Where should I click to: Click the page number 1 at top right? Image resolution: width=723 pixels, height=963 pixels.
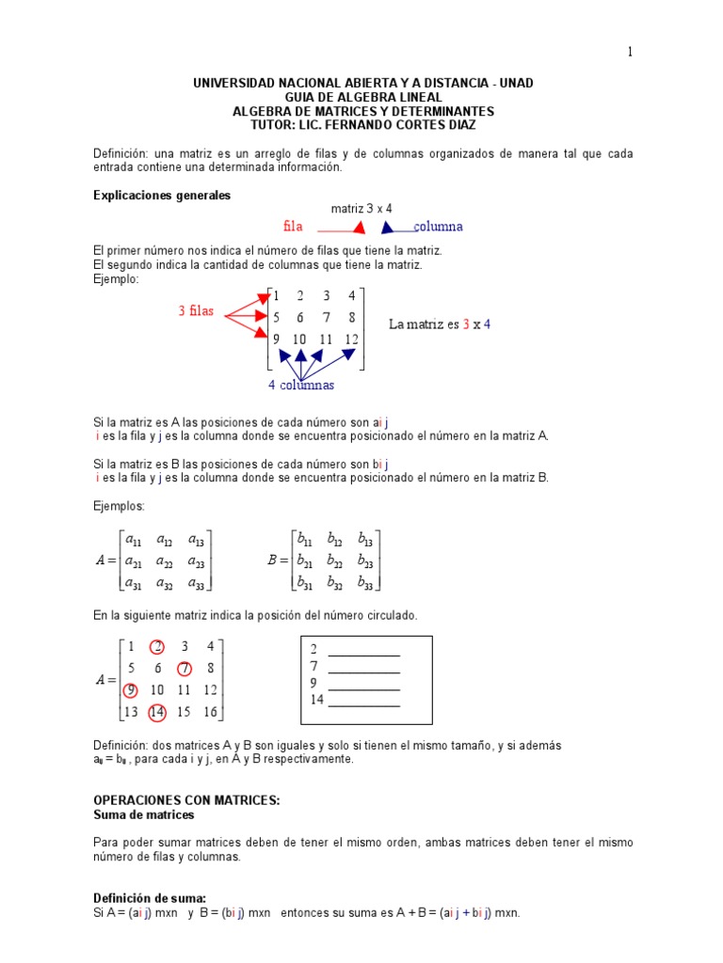630,53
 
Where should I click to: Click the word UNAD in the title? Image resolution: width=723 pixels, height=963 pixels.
516,84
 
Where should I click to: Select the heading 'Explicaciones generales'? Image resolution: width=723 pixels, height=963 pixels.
162,196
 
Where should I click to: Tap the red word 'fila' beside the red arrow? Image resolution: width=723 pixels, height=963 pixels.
294,227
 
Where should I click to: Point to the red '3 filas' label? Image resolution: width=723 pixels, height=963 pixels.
196,311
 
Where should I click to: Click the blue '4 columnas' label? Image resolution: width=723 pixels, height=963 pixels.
301,386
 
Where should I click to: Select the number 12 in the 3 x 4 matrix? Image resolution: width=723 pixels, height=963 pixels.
351,339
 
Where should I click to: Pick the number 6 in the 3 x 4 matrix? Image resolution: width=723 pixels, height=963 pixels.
299,318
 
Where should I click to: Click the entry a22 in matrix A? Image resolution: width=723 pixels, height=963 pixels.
165,561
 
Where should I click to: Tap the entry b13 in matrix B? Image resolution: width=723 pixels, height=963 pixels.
365,540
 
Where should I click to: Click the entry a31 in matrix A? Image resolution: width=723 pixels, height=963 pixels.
135,583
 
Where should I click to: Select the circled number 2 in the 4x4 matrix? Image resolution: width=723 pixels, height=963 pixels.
157,646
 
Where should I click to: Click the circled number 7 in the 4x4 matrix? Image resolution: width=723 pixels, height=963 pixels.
185,669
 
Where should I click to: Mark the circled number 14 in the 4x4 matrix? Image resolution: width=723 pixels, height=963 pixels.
157,713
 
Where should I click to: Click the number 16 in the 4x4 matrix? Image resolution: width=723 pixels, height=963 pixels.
210,713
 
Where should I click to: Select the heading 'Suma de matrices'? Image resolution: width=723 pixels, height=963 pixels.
143,814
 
